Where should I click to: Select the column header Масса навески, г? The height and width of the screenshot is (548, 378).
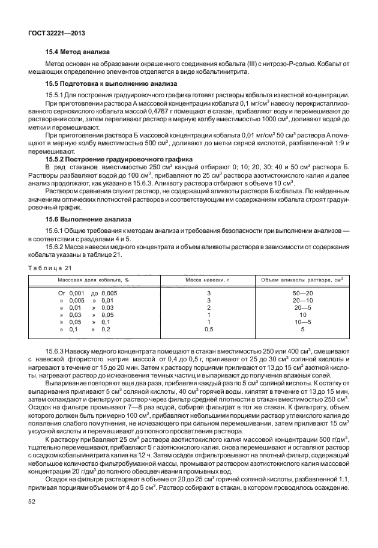point(209,280)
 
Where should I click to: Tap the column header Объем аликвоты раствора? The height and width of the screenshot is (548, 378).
point(302,280)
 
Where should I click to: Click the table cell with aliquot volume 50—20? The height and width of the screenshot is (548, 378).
point(302,293)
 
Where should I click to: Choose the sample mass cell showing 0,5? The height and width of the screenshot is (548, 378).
point(209,329)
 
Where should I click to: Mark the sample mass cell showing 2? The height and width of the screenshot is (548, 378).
point(209,307)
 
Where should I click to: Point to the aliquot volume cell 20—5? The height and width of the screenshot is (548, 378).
point(302,307)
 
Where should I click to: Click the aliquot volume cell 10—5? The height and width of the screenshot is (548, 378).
point(302,322)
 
